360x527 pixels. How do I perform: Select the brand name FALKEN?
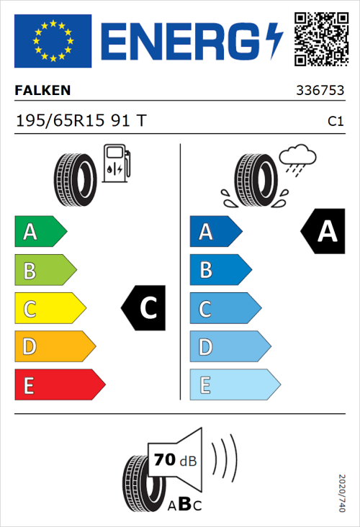click(x=42, y=91)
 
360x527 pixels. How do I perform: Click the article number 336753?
click(x=320, y=91)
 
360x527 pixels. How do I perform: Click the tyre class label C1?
click(x=335, y=122)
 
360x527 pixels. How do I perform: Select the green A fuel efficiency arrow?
click(x=40, y=232)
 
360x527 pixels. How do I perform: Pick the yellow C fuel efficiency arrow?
click(x=49, y=309)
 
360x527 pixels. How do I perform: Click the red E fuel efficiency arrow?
click(x=59, y=385)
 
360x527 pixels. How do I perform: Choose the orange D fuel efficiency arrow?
click(x=54, y=347)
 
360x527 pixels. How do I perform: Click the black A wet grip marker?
click(x=323, y=232)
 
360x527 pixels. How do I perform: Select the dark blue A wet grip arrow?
click(x=215, y=232)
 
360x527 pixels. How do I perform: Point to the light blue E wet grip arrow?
click(x=234, y=385)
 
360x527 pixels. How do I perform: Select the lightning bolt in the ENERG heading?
click(x=275, y=39)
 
